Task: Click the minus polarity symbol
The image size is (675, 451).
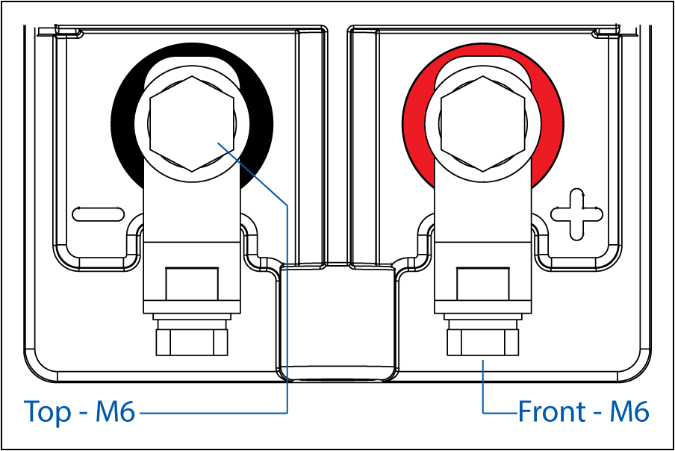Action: pyautogui.click(x=98, y=214)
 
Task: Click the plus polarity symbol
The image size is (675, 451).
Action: pyautogui.click(x=577, y=214)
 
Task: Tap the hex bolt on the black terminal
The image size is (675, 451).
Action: pyautogui.click(x=192, y=124)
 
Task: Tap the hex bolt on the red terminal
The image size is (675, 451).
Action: pyautogui.click(x=483, y=124)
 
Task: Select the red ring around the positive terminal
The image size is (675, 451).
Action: pyautogui.click(x=412, y=125)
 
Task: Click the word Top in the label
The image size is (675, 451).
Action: pyautogui.click(x=47, y=412)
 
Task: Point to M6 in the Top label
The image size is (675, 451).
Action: pyautogui.click(x=115, y=411)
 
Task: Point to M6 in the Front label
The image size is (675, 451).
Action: pyautogui.click(x=629, y=411)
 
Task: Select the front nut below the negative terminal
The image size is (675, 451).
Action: pyautogui.click(x=192, y=343)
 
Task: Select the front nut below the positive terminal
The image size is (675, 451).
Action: pyautogui.click(x=483, y=343)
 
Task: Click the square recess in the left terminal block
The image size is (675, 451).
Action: pyautogui.click(x=192, y=284)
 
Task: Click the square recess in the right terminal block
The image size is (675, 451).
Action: pyautogui.click(x=483, y=284)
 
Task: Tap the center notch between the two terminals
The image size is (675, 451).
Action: pyautogui.click(x=337, y=323)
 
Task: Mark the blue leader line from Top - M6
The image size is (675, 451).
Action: pyautogui.click(x=287, y=301)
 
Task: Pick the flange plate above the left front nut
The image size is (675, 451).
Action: pyautogui.click(x=192, y=317)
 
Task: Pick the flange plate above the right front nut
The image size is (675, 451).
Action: pyautogui.click(x=483, y=317)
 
